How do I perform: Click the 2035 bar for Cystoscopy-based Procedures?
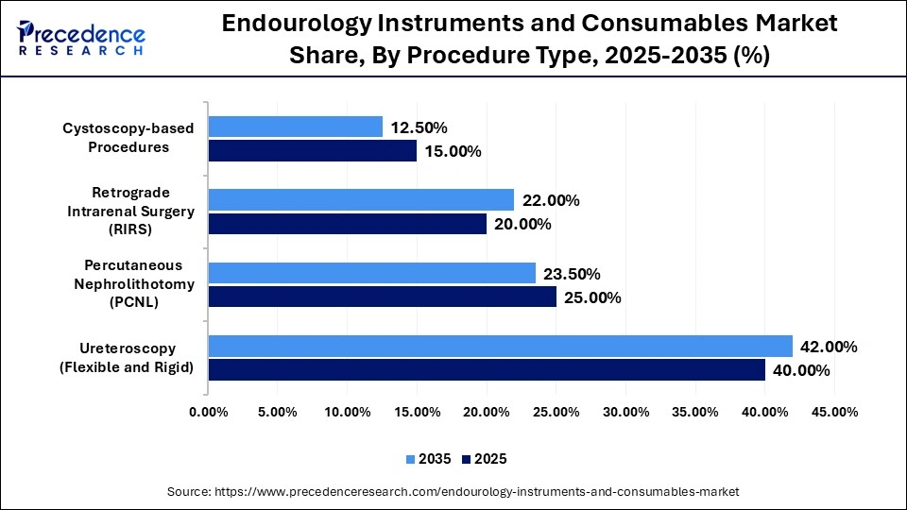(x=295, y=127)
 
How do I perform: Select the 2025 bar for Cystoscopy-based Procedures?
(x=312, y=151)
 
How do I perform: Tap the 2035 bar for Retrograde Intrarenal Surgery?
(x=361, y=199)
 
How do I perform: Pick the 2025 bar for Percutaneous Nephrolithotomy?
(x=382, y=297)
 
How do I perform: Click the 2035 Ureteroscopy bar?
(x=500, y=346)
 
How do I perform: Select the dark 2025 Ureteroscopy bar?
(x=487, y=370)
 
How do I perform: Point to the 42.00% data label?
(x=829, y=347)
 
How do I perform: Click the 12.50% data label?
(x=419, y=127)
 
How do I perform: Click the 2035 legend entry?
(x=429, y=459)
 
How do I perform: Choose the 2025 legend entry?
(x=485, y=459)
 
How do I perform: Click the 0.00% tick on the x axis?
(x=208, y=413)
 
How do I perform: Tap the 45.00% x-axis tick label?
(x=834, y=413)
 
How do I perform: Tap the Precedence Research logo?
(x=80, y=39)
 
